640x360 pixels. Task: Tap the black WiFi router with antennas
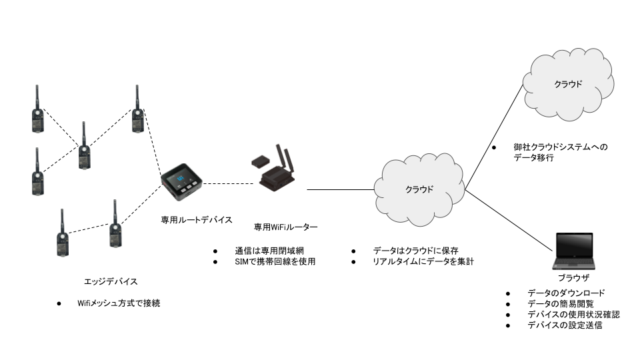click(275, 172)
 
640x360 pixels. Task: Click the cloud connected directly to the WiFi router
click(419, 189)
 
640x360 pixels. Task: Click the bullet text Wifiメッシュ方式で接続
click(119, 303)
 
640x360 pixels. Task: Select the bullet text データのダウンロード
click(566, 293)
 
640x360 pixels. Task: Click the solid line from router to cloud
click(340, 189)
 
